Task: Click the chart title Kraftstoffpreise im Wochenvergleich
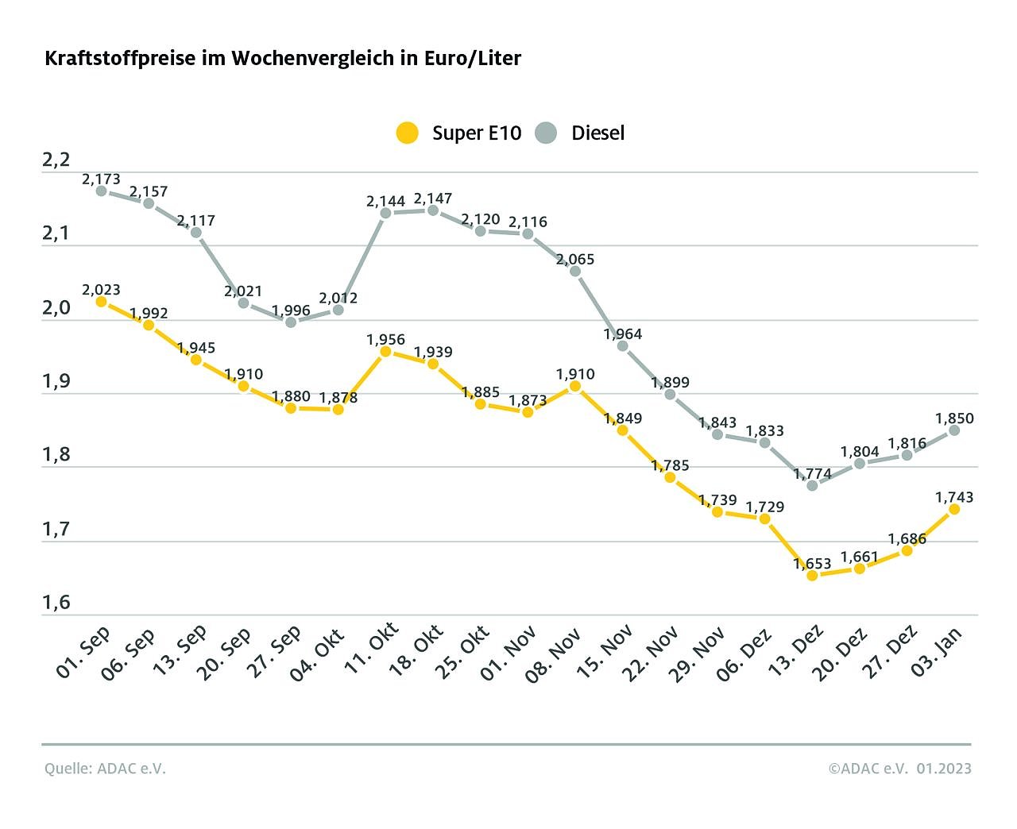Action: click(x=282, y=59)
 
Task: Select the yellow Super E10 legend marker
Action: click(x=408, y=133)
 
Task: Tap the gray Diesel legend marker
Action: click(x=547, y=133)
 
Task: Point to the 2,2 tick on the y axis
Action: click(x=56, y=160)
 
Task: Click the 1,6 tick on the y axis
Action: click(x=56, y=603)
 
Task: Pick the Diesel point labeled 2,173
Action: click(x=101, y=191)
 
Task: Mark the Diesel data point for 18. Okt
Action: click(x=433, y=210)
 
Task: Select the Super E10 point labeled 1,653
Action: click(x=812, y=576)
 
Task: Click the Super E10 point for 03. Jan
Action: click(x=954, y=509)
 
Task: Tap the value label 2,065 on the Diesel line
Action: click(x=575, y=260)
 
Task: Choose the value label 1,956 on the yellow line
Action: click(x=385, y=340)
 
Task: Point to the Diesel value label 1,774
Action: click(x=812, y=474)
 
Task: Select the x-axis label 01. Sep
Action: click(x=83, y=653)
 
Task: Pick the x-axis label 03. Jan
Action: click(x=938, y=651)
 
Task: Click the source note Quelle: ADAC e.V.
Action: click(x=105, y=769)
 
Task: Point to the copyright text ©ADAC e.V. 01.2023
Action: click(x=899, y=769)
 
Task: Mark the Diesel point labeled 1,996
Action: click(x=291, y=322)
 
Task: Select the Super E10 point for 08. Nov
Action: click(x=575, y=387)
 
